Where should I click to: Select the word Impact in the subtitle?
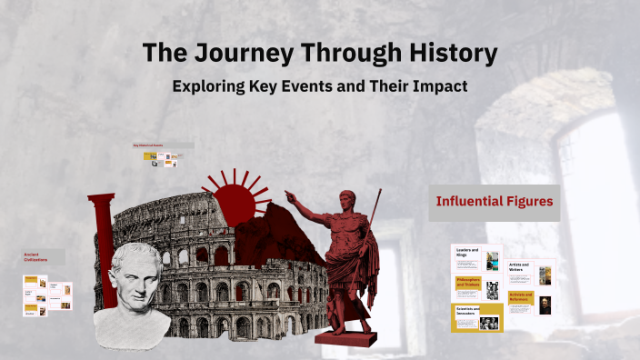[439, 86]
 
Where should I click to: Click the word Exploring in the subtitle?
[215, 86]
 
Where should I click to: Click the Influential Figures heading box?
[495, 202]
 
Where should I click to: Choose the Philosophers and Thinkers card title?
[467, 284]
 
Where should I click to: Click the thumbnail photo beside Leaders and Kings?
[492, 260]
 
